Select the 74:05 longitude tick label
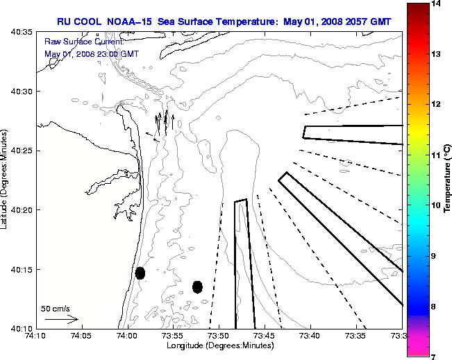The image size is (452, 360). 81,336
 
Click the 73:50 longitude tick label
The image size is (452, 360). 219,336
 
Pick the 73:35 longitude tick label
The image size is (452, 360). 356,336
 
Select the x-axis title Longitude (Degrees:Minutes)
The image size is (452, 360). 219,345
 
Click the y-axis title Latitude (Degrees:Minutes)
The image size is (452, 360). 6,180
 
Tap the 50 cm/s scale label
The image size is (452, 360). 55,308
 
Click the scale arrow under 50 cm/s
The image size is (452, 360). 61,319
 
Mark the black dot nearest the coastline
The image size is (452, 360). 140,273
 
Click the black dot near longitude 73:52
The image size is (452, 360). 197,286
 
